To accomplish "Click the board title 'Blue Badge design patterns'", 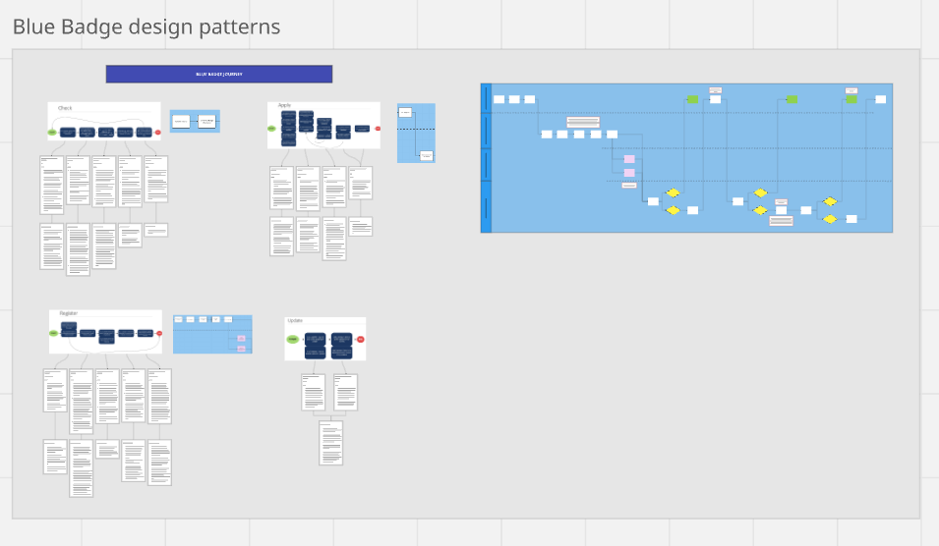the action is click(x=147, y=27).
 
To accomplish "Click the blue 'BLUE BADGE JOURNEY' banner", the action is click(x=218, y=74).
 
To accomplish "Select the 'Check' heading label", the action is click(x=66, y=108).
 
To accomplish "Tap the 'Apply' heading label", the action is click(x=284, y=105).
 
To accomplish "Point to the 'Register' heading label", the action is click(x=68, y=313).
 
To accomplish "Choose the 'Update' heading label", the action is click(x=295, y=321).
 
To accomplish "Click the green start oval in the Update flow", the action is click(x=292, y=340).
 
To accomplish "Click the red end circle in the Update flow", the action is click(x=361, y=340).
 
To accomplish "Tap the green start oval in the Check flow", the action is click(x=52, y=132).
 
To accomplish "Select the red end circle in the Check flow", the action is click(x=157, y=132).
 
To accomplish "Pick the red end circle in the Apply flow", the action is click(x=378, y=129).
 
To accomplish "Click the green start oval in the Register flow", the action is click(x=53, y=334).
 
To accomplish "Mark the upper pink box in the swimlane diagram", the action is click(x=629, y=159).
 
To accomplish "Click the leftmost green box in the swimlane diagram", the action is click(x=692, y=99).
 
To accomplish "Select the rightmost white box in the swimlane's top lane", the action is click(x=880, y=99).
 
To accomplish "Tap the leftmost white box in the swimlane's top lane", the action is click(x=499, y=99).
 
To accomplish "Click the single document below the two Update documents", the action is click(x=330, y=443).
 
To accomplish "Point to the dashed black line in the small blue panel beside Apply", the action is click(x=416, y=130).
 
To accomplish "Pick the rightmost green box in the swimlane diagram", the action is click(x=851, y=99).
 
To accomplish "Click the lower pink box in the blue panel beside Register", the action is click(x=241, y=349).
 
